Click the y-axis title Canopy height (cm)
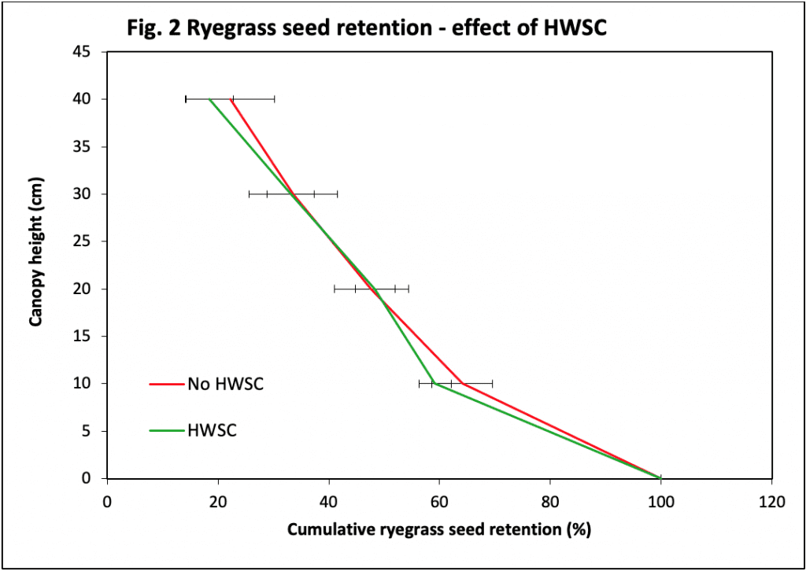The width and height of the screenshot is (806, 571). [35, 265]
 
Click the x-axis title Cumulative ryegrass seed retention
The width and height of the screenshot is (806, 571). [438, 529]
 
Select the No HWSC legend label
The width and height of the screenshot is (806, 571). [225, 385]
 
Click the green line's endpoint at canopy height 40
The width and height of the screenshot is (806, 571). [209, 99]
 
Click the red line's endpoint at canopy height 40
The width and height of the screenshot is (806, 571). [231, 99]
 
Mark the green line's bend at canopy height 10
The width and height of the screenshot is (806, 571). [432, 383]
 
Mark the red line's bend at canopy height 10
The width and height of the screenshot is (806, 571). [462, 383]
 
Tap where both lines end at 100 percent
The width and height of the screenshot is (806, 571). [660, 477]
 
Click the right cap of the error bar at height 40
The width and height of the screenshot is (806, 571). [274, 99]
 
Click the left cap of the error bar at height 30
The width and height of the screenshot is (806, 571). [250, 193]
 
